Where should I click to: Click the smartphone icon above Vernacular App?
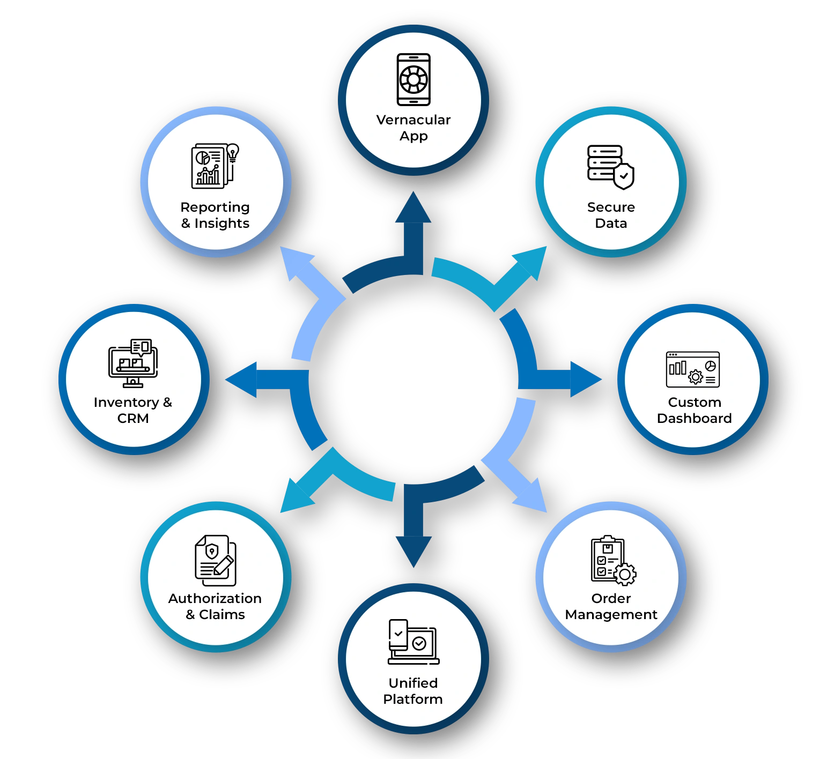pyautogui.click(x=413, y=79)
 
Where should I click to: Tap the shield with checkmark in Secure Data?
pyautogui.click(x=624, y=176)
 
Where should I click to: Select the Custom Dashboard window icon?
pyautogui.click(x=692, y=369)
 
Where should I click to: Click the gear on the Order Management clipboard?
pyautogui.click(x=624, y=574)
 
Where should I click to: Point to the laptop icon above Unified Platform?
pyautogui.click(x=414, y=642)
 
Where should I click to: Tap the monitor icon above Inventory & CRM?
pyautogui.click(x=133, y=363)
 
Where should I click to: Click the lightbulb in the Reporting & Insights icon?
pyautogui.click(x=232, y=152)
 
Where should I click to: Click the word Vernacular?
pyautogui.click(x=413, y=120)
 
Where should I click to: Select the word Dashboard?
pyautogui.click(x=694, y=418)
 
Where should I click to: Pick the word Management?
pyautogui.click(x=611, y=614)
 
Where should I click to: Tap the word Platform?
pyautogui.click(x=413, y=699)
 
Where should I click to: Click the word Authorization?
pyautogui.click(x=215, y=598)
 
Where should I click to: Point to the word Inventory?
pyautogui.click(x=126, y=402)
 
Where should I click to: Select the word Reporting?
pyautogui.click(x=215, y=207)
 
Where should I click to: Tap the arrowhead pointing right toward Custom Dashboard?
pyautogui.click(x=585, y=379)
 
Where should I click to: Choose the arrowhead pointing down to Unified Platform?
pyautogui.click(x=413, y=550)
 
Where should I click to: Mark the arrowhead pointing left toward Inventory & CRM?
pyautogui.click(x=242, y=379)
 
